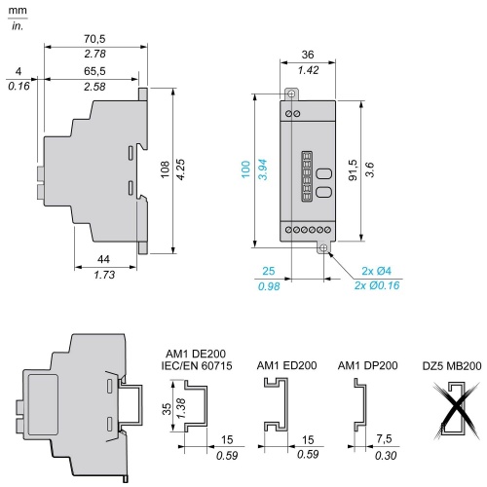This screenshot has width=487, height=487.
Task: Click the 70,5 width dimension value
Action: [94, 39]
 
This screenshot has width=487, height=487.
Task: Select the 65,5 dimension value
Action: [94, 71]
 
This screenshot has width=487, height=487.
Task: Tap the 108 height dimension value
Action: [166, 169]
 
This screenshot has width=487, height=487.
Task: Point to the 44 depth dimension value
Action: [103, 259]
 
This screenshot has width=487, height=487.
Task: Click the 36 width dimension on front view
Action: [308, 55]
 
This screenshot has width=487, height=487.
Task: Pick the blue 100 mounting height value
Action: [245, 169]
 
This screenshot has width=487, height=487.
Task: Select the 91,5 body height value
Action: [353, 169]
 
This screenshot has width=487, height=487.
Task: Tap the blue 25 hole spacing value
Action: [269, 271]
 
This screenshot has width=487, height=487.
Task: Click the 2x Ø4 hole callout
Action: [377, 271]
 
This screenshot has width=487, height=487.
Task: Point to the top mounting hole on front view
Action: [291, 94]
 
